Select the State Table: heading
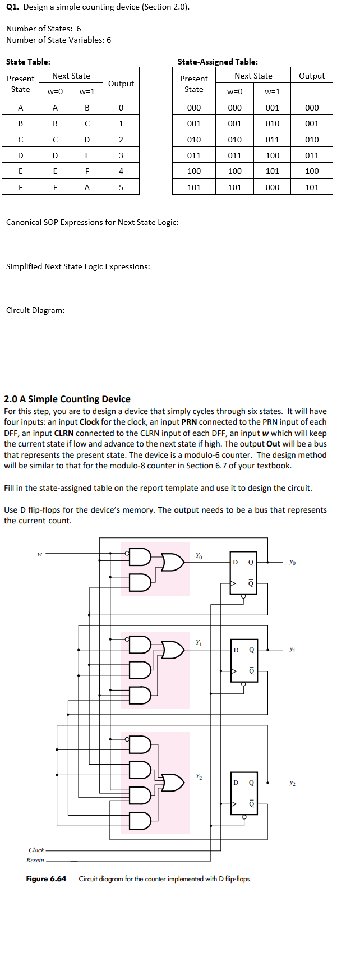[x=28, y=62]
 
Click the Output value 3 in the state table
[x=121, y=155]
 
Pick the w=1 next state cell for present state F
[x=87, y=187]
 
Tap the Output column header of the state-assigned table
[x=312, y=76]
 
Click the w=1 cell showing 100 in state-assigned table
[x=273, y=155]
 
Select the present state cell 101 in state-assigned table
[x=194, y=187]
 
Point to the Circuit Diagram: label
[x=35, y=310]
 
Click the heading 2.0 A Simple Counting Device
[x=67, y=399]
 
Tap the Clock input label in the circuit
[x=36, y=850]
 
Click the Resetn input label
[x=35, y=860]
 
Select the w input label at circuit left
[x=40, y=554]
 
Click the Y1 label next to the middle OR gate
[x=199, y=642]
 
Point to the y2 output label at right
[x=292, y=783]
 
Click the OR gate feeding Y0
[x=173, y=562]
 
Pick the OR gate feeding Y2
[x=173, y=783]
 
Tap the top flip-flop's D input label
[x=236, y=562]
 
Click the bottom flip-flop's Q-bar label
[x=251, y=804]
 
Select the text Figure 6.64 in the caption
[x=46, y=879]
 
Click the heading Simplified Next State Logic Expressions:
[x=78, y=266]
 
